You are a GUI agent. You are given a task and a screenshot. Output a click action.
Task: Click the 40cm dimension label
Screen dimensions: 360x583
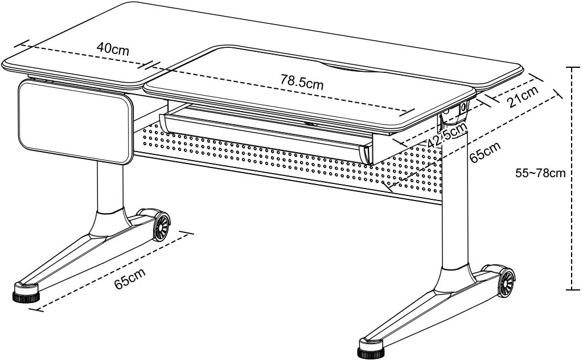coord(112,48)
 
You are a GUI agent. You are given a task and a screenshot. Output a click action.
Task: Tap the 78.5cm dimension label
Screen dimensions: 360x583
coord(301,81)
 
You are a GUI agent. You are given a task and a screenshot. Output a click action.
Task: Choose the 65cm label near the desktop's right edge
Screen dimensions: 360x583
coord(486,152)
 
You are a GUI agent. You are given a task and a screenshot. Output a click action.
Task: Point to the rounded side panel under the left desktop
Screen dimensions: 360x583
coord(74,122)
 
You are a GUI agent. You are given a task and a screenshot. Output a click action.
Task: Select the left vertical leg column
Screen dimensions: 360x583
coord(109,188)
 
